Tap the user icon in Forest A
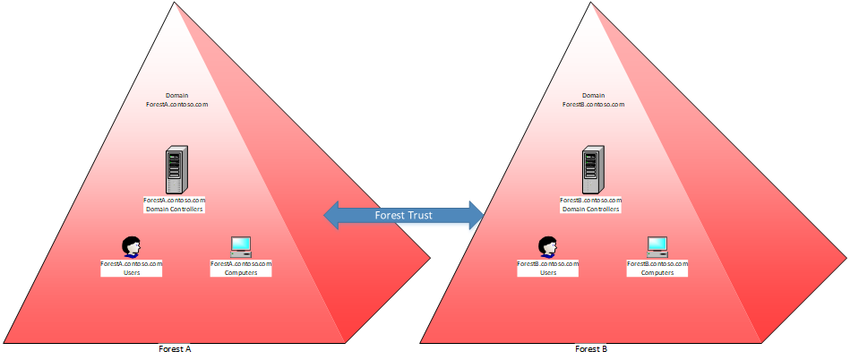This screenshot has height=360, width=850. tap(132, 246)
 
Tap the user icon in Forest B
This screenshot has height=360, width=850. tap(547, 246)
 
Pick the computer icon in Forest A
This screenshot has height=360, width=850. tap(240, 246)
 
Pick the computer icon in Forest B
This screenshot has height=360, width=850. tap(657, 246)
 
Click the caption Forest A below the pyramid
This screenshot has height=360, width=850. tap(176, 348)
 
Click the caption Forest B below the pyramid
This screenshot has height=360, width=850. tap(591, 348)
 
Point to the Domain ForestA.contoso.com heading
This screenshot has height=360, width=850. tap(176, 99)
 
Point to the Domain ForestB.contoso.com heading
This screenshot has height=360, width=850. tap(592, 99)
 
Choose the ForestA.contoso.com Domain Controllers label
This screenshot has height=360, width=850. tap(175, 204)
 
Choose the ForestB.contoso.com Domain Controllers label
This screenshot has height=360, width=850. tap(590, 204)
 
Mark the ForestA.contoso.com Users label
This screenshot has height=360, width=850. tap(132, 268)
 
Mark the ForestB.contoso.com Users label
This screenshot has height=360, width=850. tap(548, 268)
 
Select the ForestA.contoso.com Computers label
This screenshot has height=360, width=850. tap(240, 268)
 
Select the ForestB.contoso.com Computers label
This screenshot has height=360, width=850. tap(657, 268)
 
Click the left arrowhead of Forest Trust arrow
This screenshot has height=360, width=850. tap(333, 215)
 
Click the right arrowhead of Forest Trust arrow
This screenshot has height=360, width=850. tap(474, 215)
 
